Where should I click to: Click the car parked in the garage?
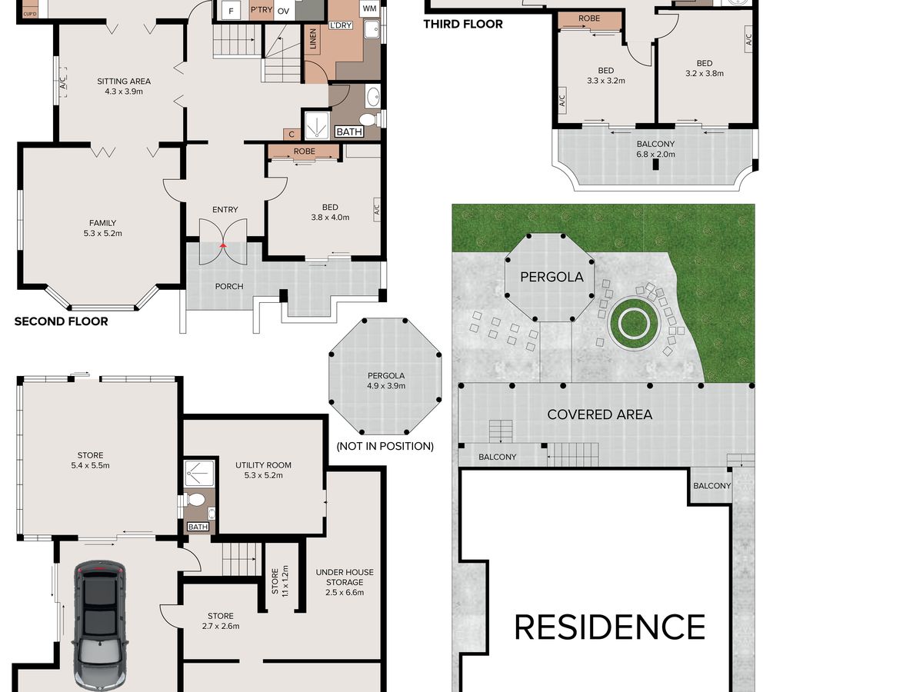click(x=100, y=626)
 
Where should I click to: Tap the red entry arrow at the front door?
click(x=223, y=245)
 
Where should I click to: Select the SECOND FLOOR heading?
click(x=62, y=321)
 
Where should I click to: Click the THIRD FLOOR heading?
click(x=463, y=24)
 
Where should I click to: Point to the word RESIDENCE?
click(x=610, y=627)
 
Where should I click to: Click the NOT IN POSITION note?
click(x=385, y=446)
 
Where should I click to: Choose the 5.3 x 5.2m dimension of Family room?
click(x=102, y=233)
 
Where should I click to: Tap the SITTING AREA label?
click(x=124, y=81)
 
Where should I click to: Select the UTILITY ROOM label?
click(x=263, y=465)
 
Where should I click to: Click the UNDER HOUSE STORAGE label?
click(x=345, y=577)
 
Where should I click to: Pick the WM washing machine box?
click(x=370, y=8)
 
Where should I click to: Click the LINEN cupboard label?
click(x=313, y=38)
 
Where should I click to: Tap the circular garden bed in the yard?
click(x=634, y=324)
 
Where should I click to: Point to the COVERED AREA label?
click(x=600, y=414)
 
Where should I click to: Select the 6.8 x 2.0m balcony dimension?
click(x=655, y=155)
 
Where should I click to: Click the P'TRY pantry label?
click(x=261, y=9)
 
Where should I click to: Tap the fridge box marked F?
click(x=231, y=11)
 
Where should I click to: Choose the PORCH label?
click(x=229, y=287)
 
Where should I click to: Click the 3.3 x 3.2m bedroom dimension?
click(x=606, y=81)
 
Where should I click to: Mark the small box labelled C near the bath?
click(x=292, y=135)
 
